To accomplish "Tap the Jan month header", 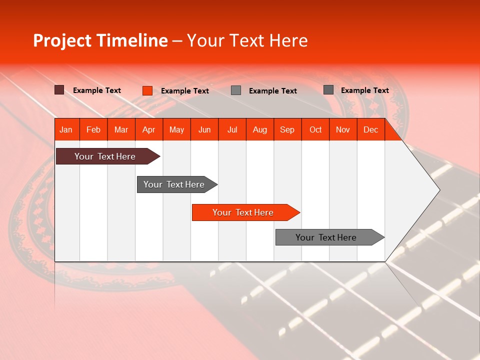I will pos(66,129).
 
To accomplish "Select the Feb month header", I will pos(93,129).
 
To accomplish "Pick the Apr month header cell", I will pos(149,129).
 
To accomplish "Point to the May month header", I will pos(176,129).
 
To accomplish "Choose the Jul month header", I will pos(232,129).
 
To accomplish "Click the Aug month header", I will pos(260,129).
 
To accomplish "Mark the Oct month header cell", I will pos(315,129).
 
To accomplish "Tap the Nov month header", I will pos(343,129).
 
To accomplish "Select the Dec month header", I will pos(370,129).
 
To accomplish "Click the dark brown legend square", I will pos(59,90).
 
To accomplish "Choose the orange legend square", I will pos(147,90).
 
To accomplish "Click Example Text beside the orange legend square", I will pos(184,91).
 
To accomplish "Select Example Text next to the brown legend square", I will pos(97,90).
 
